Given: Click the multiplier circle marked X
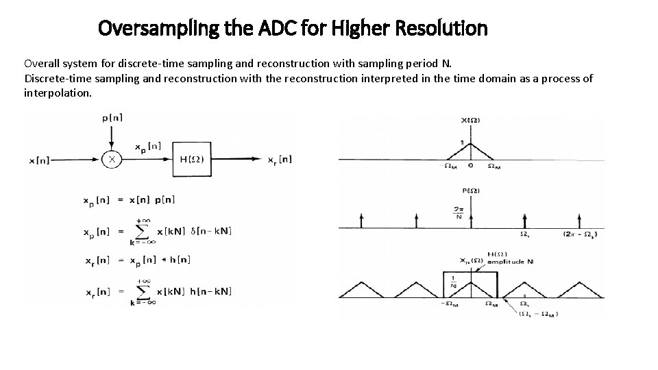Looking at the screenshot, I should coord(112,160).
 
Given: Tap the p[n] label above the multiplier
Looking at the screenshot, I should coord(112,118).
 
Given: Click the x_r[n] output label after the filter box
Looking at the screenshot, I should coord(280,160).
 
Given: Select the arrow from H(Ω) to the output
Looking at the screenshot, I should coord(240,160).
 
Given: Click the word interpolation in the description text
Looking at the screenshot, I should coord(56,92).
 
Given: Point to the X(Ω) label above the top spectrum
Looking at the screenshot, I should coord(470,121).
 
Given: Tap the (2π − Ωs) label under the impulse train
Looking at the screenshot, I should coord(580,234).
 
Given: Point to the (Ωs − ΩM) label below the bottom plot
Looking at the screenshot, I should coord(537,314).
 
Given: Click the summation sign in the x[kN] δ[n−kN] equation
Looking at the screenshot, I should coord(141,232).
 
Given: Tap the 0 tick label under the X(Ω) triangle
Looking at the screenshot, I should coord(471,166).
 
